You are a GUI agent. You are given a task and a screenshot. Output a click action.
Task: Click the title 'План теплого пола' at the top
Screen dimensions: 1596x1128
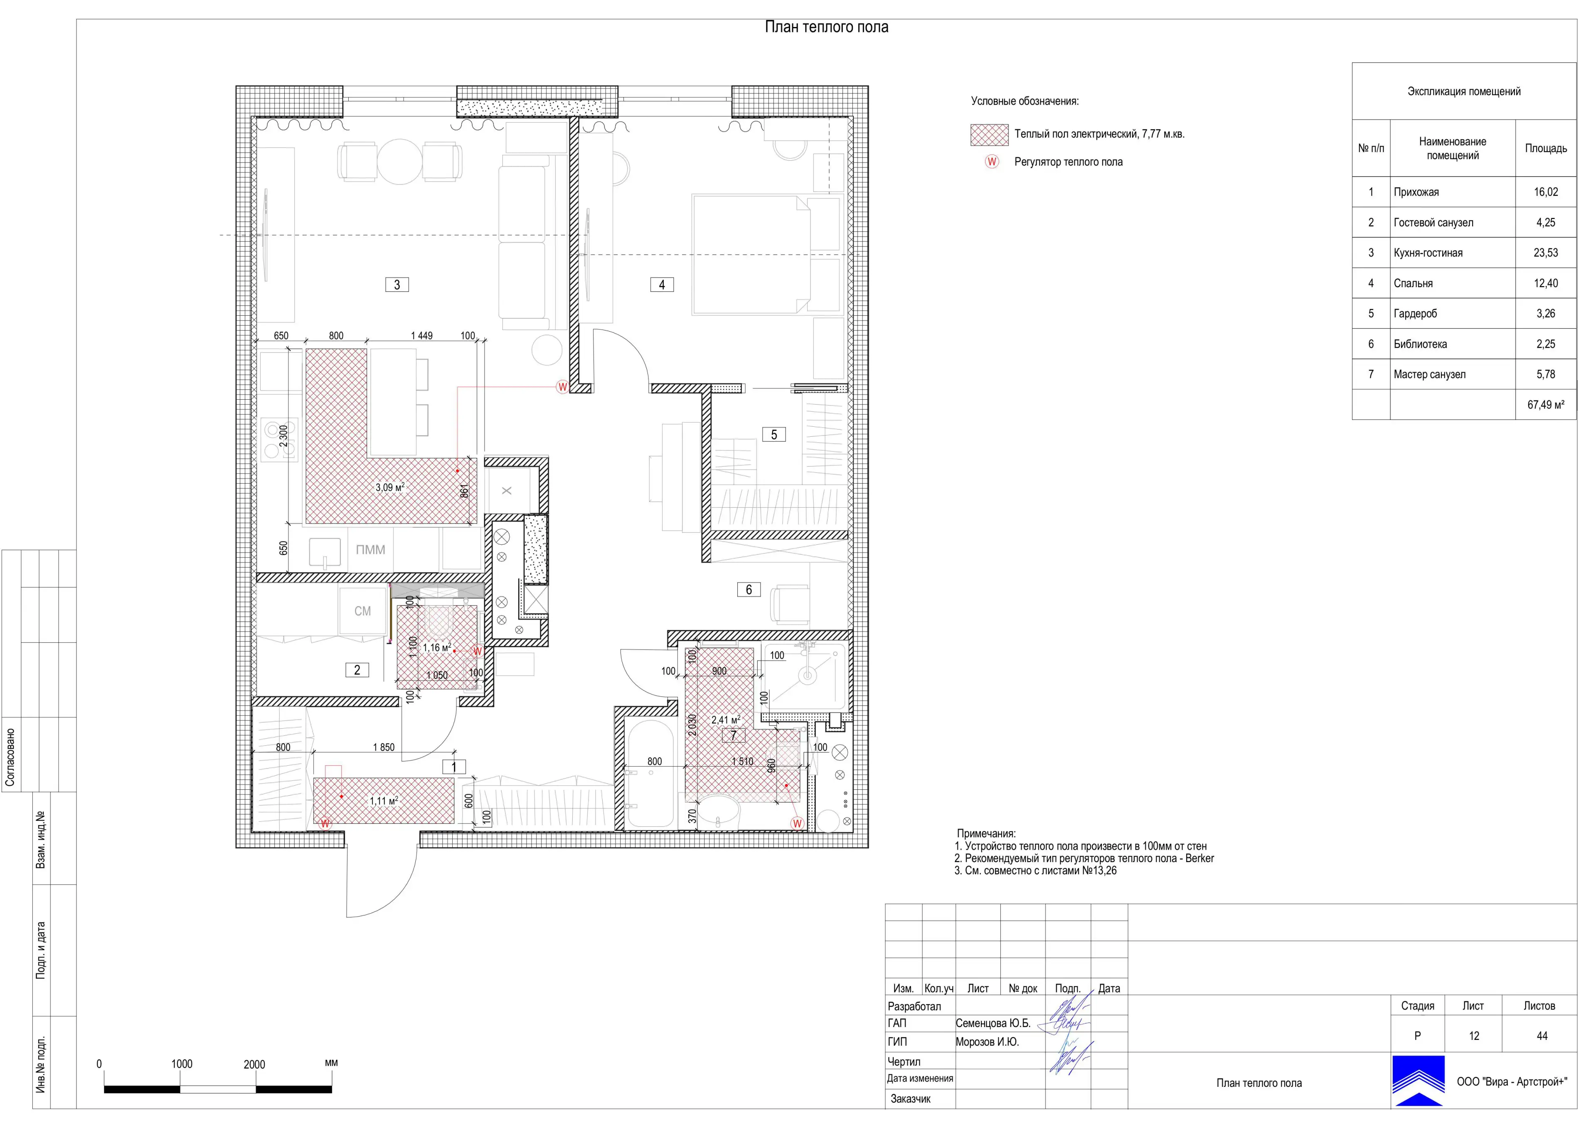(x=827, y=27)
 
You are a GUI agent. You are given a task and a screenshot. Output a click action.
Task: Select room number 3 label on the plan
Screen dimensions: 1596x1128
(x=397, y=284)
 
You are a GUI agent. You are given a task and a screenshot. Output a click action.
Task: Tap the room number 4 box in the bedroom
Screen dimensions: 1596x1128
(x=662, y=284)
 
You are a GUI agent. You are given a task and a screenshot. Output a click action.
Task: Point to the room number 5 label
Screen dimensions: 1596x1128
(x=773, y=435)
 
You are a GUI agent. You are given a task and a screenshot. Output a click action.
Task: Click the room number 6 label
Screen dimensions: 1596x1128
(x=749, y=590)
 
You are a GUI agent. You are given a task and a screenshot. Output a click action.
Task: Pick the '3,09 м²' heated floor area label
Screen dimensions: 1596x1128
(x=390, y=487)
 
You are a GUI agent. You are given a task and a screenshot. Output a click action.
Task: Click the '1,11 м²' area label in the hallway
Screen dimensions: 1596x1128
(x=384, y=801)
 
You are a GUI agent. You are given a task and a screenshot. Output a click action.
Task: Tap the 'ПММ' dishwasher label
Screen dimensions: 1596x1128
(x=370, y=550)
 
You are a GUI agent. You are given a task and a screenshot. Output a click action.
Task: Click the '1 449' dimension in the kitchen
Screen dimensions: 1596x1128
(x=421, y=336)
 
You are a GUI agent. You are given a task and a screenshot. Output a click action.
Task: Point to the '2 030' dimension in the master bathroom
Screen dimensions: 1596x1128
(x=692, y=725)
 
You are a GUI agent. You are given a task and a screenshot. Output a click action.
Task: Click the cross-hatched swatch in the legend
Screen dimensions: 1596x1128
(x=989, y=135)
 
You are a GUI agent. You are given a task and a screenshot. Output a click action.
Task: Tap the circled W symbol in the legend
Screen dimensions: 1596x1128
(x=992, y=162)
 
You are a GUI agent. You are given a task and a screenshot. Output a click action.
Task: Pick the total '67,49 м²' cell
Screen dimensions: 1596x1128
(x=1546, y=405)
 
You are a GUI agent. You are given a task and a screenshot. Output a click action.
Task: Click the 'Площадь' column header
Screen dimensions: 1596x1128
(x=1546, y=148)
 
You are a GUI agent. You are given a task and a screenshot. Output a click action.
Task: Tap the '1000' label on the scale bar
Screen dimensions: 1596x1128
(x=182, y=1064)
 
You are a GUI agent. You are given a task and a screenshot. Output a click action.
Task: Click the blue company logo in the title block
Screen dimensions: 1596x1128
(x=1418, y=1081)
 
